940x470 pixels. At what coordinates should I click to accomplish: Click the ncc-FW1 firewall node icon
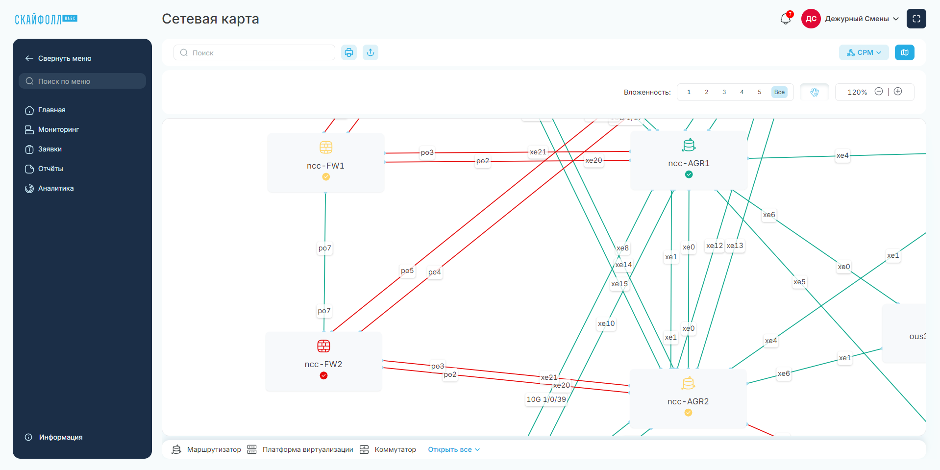326,147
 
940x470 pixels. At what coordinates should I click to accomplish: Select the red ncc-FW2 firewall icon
323,346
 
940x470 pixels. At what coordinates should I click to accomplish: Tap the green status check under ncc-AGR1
689,174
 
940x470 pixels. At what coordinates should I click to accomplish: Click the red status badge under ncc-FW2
323,375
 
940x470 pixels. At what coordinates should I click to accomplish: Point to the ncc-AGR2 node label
688,401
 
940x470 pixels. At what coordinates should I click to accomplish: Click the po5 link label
407,271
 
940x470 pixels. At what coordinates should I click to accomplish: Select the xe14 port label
623,265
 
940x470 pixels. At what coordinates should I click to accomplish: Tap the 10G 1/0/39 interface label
546,399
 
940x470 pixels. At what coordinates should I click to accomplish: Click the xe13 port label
735,246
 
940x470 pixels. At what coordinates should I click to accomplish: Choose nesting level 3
724,92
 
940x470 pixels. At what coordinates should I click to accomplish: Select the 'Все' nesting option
779,92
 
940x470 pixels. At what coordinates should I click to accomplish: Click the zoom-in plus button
898,92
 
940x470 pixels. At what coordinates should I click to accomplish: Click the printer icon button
349,52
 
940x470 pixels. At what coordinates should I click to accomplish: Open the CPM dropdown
864,52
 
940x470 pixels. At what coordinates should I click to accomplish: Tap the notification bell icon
785,19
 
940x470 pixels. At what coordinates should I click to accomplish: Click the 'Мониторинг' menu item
58,129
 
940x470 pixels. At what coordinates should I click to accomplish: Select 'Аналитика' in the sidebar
56,188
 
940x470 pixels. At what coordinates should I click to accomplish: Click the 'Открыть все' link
454,449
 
